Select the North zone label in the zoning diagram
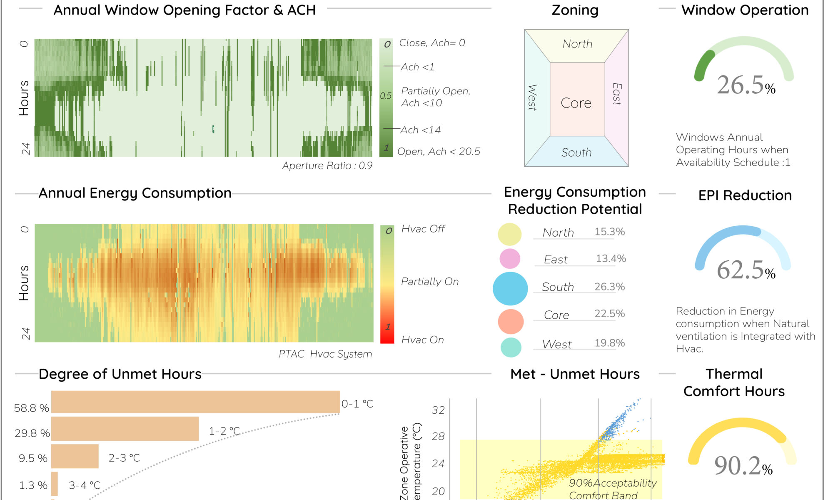point(577,44)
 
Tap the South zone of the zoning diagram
point(576,152)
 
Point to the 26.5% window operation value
point(746,85)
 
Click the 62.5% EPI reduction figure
point(746,270)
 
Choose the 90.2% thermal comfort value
point(743,465)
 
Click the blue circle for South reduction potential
point(510,288)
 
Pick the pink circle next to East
point(510,259)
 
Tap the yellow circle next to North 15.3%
point(510,234)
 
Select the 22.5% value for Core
point(609,314)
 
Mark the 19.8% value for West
point(609,343)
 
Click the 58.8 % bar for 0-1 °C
point(195,402)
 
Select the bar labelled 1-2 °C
point(125,429)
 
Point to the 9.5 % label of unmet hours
point(32,458)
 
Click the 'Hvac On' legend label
point(422,340)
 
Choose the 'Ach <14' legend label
point(420,130)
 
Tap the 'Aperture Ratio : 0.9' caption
point(327,166)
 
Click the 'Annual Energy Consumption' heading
point(135,193)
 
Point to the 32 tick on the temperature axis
point(438,410)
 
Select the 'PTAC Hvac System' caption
point(325,354)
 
